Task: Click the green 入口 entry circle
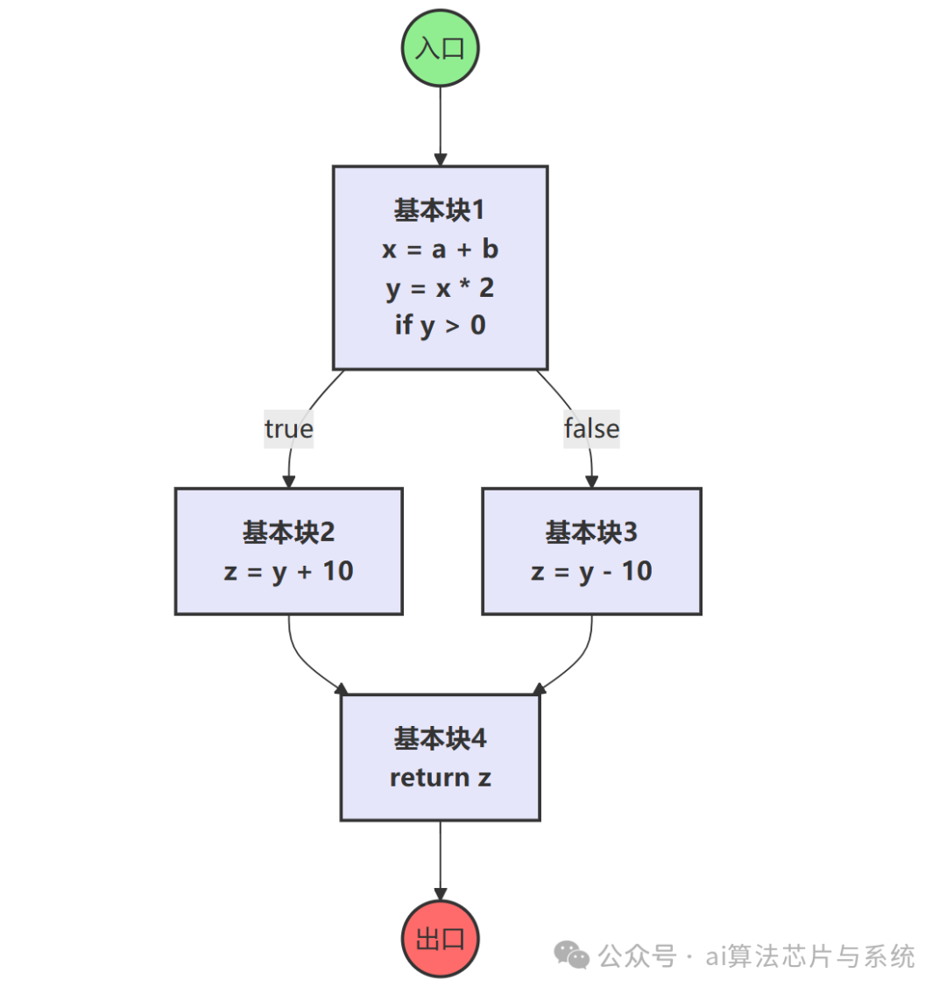[440, 47]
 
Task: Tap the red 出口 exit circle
[440, 939]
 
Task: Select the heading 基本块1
[440, 210]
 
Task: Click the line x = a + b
[440, 250]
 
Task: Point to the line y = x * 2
[440, 288]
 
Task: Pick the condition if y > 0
[440, 326]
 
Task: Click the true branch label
[288, 429]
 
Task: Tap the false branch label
[591, 429]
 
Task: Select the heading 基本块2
[288, 532]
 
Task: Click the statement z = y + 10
[288, 572]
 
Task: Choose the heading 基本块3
[591, 532]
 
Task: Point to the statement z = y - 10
[591, 572]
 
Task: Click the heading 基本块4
[440, 739]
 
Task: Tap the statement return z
[440, 778]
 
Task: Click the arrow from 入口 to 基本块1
[440, 123]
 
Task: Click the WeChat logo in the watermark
[573, 955]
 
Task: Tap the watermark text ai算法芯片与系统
[810, 956]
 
